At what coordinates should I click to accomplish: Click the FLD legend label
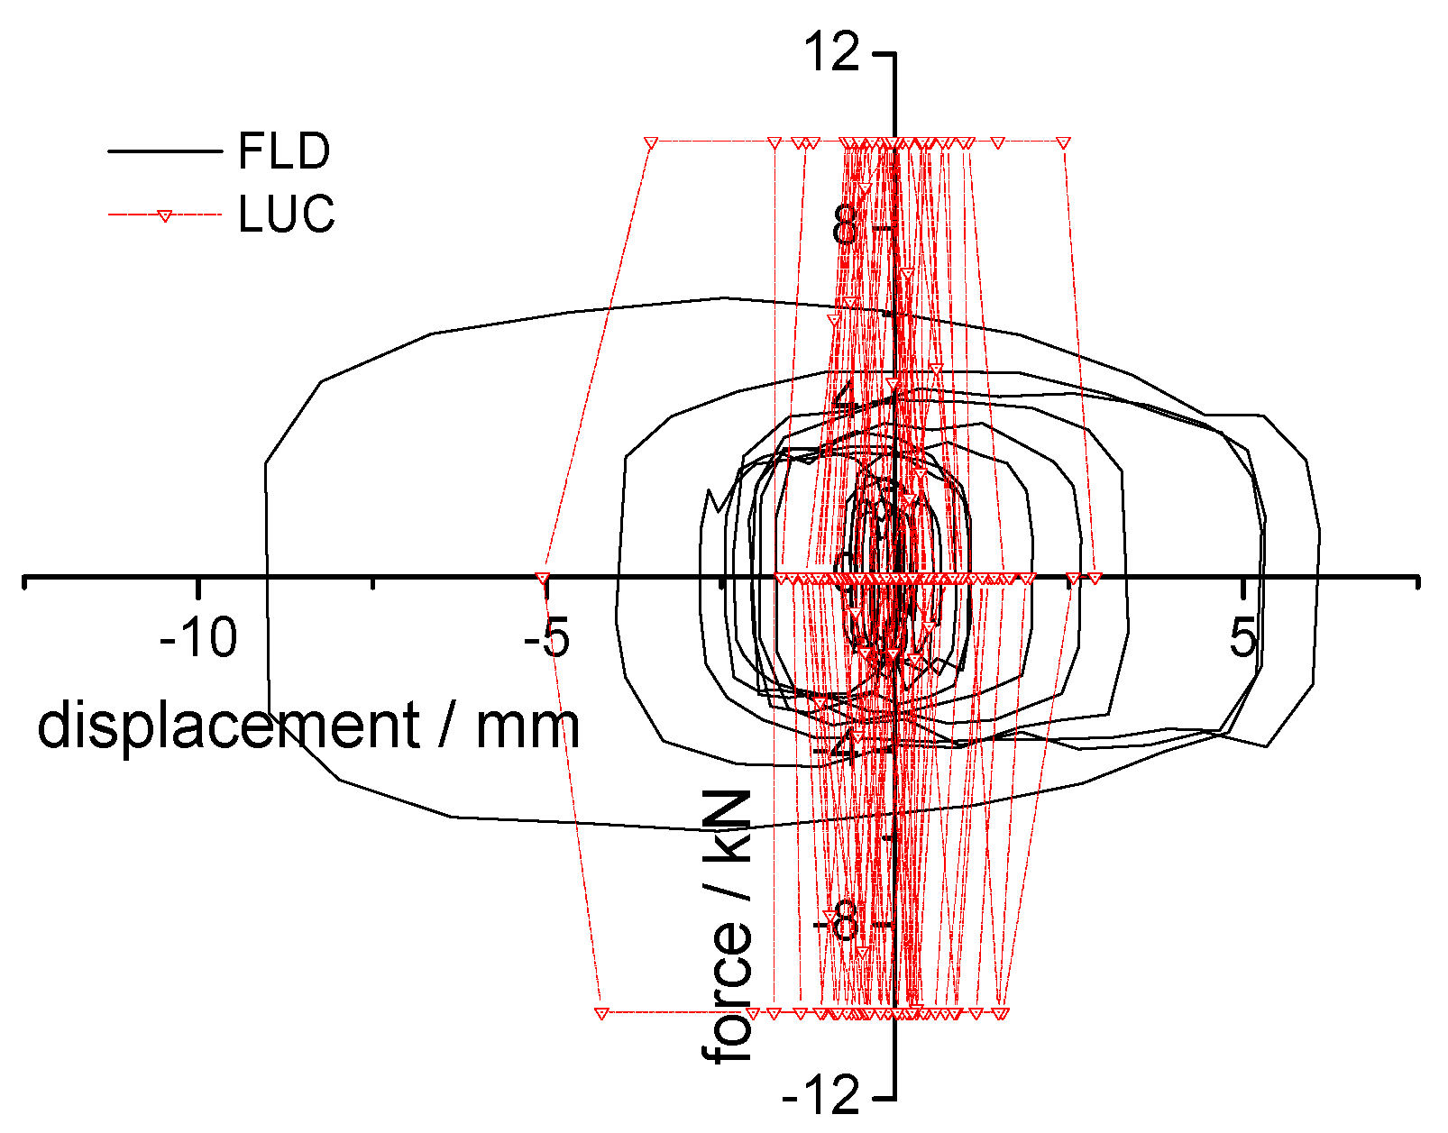[x=284, y=151]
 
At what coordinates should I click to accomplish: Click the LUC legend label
[x=287, y=215]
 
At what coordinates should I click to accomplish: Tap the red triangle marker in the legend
[x=164, y=215]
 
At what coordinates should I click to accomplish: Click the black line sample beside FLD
[x=164, y=151]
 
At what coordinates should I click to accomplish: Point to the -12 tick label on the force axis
[x=820, y=1097]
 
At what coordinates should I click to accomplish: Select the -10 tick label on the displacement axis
[x=198, y=639]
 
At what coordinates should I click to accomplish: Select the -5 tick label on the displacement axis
[x=545, y=639]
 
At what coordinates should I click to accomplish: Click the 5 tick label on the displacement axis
[x=1243, y=639]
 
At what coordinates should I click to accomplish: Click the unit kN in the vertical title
[x=728, y=828]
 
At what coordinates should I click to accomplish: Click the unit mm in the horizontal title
[x=527, y=726]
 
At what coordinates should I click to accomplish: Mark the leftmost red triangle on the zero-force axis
[x=542, y=578]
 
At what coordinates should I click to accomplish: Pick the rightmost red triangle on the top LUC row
[x=1063, y=142]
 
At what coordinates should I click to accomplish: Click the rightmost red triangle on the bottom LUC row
[x=1002, y=1013]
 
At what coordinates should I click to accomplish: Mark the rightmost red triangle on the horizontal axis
[x=1095, y=578]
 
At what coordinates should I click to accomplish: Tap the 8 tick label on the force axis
[x=846, y=227]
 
